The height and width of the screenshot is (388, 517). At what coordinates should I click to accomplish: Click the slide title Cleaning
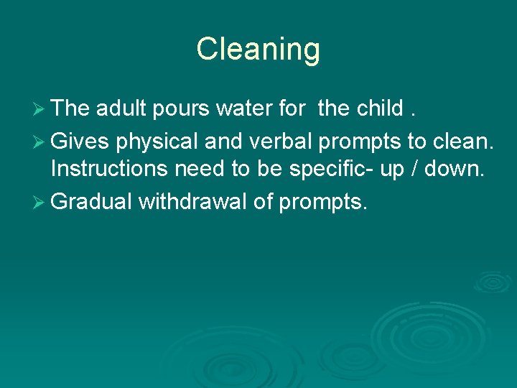coord(258,50)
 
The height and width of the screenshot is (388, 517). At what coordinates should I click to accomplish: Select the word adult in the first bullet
coord(121,108)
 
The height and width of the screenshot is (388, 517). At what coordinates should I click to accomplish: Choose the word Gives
coord(80,140)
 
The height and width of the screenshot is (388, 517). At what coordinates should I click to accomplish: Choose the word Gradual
coord(92,202)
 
